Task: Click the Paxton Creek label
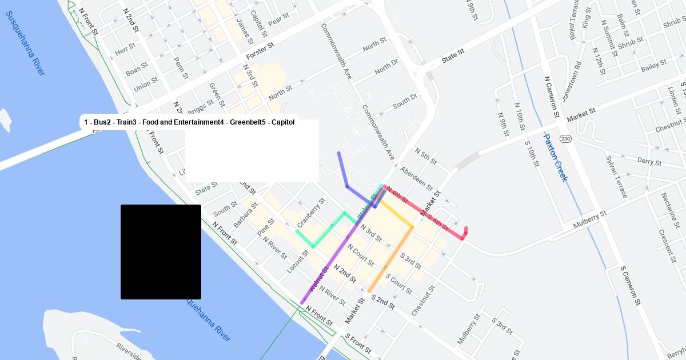click(x=555, y=158)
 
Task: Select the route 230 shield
click(x=565, y=139)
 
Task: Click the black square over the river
click(x=161, y=251)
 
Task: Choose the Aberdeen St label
click(x=416, y=178)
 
